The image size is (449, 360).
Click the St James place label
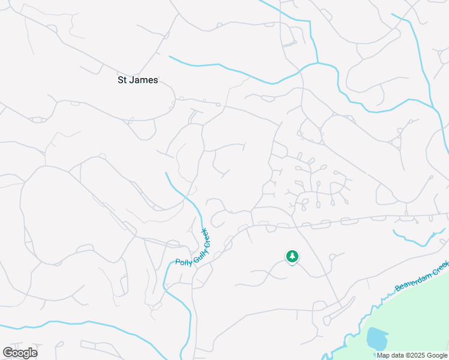[x=137, y=80]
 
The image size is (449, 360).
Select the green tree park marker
[x=292, y=257]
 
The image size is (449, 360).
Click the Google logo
[x=20, y=353]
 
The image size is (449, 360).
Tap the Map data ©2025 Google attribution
[x=412, y=355]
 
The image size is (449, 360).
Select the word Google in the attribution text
[x=437, y=355]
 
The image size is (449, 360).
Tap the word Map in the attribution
[x=382, y=355]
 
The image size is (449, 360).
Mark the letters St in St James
[x=122, y=80]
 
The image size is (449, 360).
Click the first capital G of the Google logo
[x=7, y=352]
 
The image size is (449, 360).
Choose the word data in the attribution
[x=397, y=355]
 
